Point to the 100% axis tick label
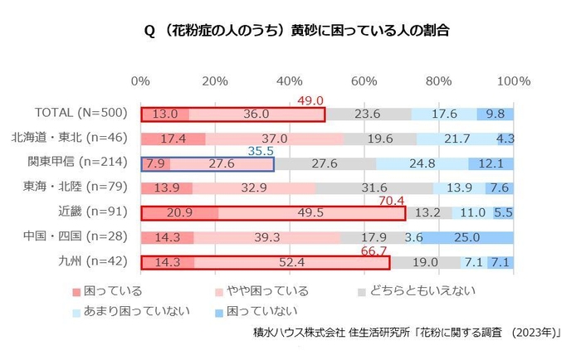click(512, 81)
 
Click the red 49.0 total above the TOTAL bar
click(310, 100)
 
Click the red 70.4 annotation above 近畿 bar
click(392, 201)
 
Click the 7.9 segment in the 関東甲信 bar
click(155, 164)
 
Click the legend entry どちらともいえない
click(416, 290)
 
